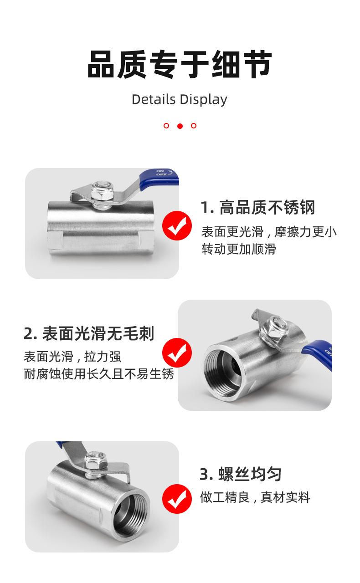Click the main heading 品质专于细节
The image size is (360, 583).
[x=180, y=64]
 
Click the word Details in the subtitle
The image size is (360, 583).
[x=154, y=99]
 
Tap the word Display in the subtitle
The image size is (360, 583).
[x=203, y=100]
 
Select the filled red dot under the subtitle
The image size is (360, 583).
[x=180, y=126]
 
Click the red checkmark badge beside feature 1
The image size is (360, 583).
[x=177, y=225]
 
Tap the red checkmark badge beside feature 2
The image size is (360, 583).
[x=177, y=353]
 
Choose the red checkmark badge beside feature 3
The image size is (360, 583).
[x=177, y=499]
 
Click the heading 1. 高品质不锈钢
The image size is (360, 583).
[x=258, y=207]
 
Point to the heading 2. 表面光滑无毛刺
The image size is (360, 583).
[x=89, y=333]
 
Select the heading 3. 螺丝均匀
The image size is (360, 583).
[x=241, y=474]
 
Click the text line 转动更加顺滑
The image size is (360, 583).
[x=239, y=249]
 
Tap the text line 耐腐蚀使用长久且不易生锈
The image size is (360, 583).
[x=99, y=374]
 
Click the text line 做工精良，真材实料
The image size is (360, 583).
[x=255, y=497]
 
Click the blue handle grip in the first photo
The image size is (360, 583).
[x=159, y=178]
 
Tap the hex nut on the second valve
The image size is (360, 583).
[x=275, y=328]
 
